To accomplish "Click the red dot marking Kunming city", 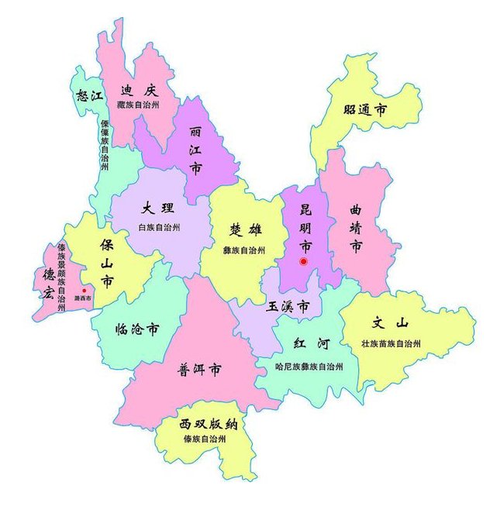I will pos(304,262).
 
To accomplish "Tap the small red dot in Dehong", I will pos(84,291).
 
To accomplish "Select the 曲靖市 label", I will pos(356,229).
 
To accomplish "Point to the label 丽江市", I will pos(196,150).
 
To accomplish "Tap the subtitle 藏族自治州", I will pos(138,105).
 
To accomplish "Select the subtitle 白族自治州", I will pos(159,228).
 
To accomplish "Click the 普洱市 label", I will pos(200,369).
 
